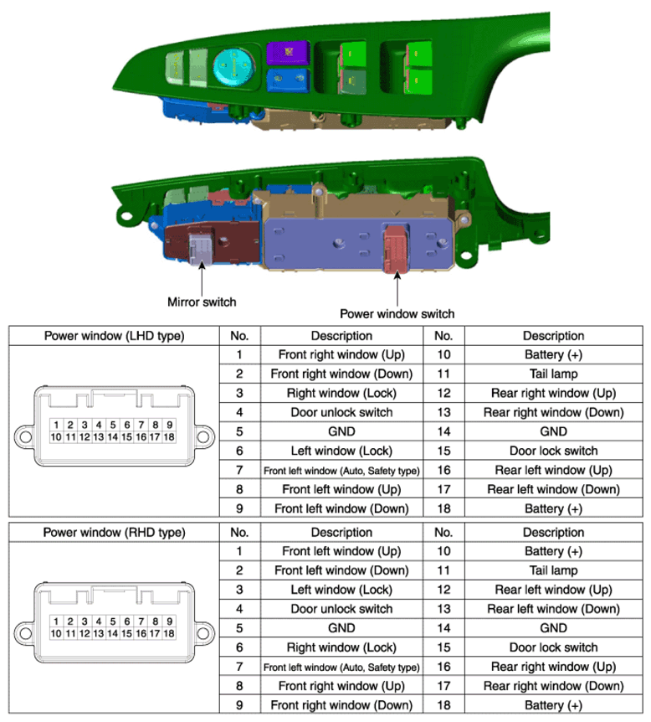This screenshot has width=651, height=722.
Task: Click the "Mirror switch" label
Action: tap(201, 302)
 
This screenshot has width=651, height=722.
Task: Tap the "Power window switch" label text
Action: tap(397, 314)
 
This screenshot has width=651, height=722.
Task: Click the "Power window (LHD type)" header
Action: tap(113, 336)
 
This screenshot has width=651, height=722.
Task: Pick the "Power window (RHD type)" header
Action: tap(113, 532)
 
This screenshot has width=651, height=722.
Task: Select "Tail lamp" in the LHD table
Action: tap(551, 373)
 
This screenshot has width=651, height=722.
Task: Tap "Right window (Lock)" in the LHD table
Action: tap(341, 392)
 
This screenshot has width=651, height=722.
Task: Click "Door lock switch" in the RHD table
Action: tap(551, 647)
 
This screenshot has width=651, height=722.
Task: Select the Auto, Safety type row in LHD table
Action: tap(341, 470)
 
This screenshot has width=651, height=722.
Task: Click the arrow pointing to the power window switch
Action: tap(396, 289)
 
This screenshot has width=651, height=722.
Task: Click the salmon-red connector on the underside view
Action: tap(392, 248)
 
